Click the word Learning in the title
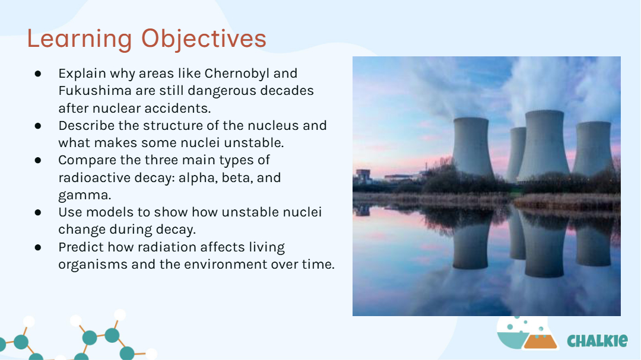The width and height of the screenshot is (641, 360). click(80, 39)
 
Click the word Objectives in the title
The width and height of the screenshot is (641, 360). click(204, 39)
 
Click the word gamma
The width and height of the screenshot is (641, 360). click(85, 195)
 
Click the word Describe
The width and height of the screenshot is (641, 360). click(87, 126)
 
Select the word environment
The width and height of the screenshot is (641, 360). click(226, 265)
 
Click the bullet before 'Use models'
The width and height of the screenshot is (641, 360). click(38, 212)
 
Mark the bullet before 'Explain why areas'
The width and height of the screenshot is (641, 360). click(38, 74)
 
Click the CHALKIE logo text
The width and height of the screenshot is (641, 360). click(597, 340)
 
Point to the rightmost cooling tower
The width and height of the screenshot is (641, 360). click(594, 148)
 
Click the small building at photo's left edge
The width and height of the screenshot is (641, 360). click(363, 176)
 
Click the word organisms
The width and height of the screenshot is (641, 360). click(93, 265)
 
